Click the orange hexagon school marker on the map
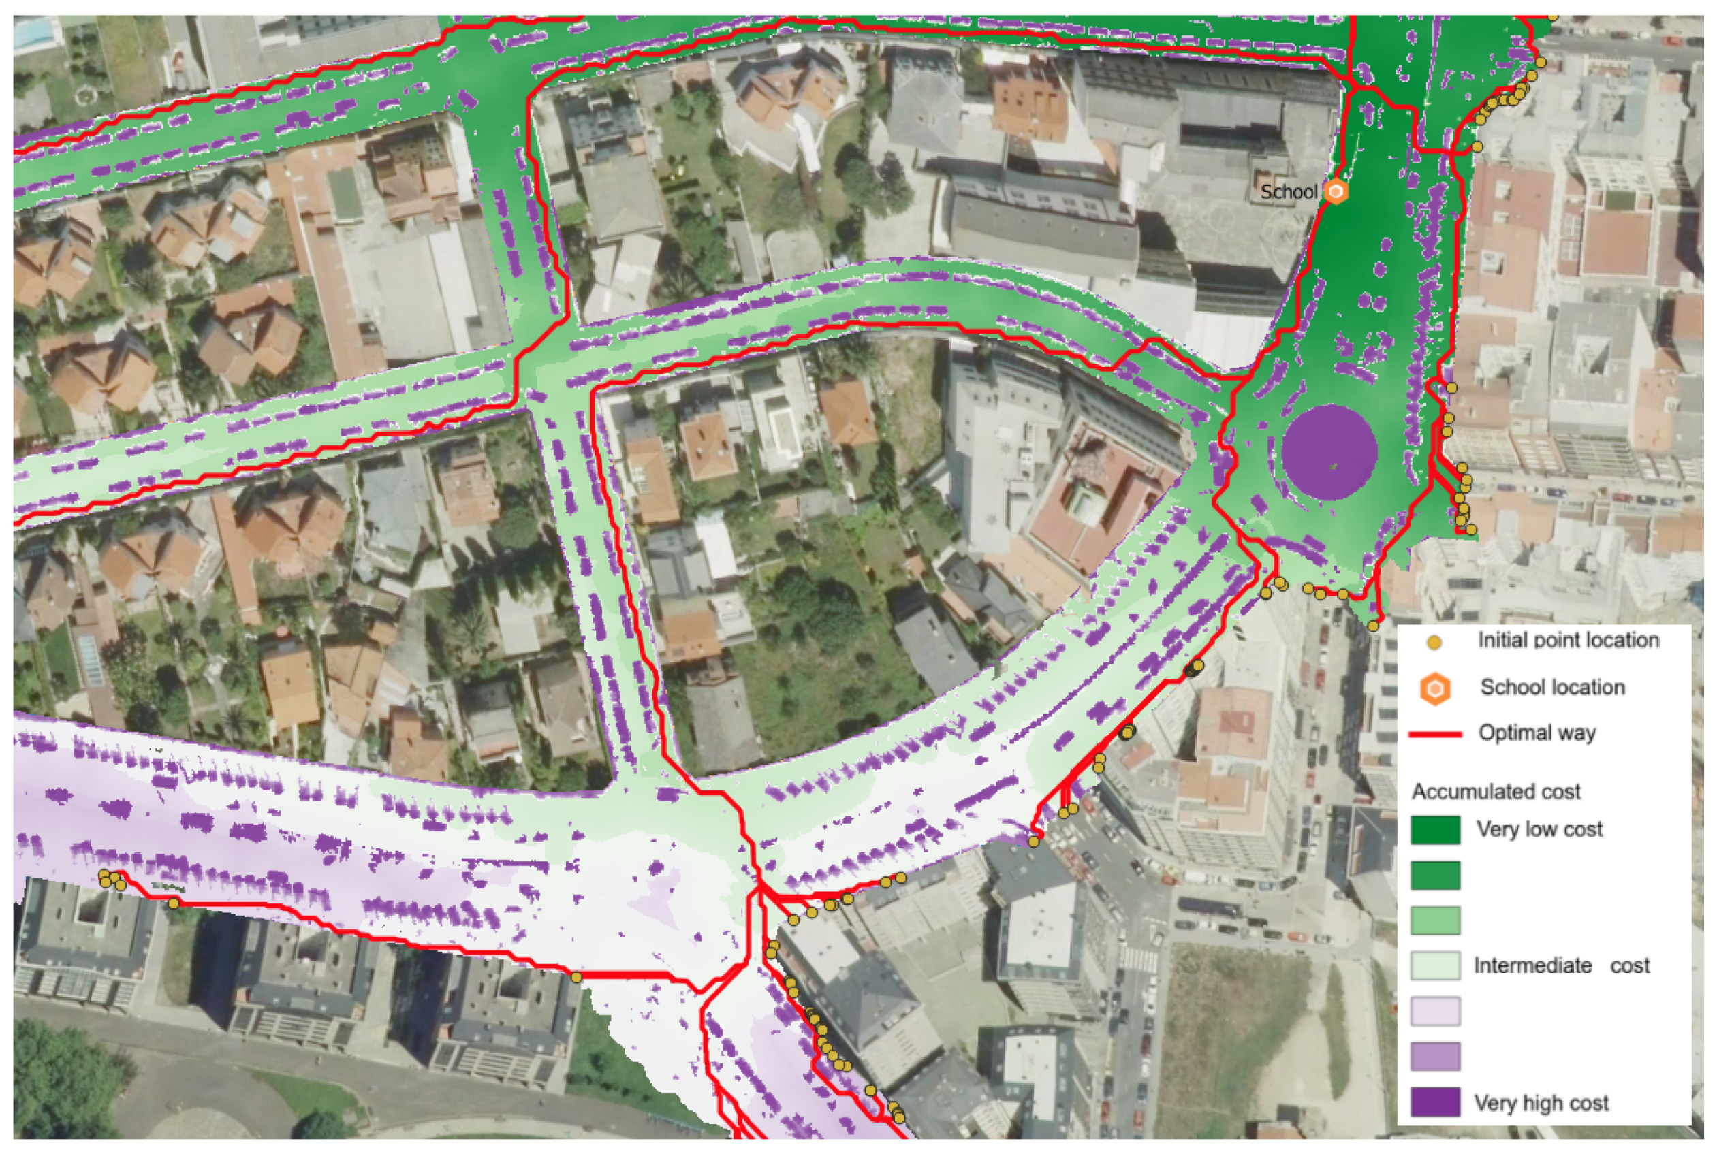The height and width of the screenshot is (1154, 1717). [x=1335, y=192]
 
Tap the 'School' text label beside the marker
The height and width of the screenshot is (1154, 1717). [x=1289, y=192]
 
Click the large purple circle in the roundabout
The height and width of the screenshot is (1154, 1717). [x=1329, y=452]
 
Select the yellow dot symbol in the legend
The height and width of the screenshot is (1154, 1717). [x=1434, y=643]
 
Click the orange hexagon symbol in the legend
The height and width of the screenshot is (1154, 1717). [x=1435, y=689]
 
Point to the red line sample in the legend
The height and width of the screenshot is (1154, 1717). [x=1434, y=735]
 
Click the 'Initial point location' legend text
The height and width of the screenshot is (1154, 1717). [x=1569, y=640]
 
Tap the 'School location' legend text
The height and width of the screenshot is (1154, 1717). [x=1552, y=688]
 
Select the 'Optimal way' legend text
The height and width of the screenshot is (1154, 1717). [x=1537, y=733]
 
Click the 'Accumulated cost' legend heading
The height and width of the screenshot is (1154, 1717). [x=1496, y=792]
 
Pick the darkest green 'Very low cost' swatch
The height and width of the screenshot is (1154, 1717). [x=1435, y=830]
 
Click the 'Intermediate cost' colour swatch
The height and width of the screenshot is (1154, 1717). [x=1435, y=965]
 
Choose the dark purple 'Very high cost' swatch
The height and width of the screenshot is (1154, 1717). [x=1435, y=1102]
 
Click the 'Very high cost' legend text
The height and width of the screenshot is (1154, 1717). [x=1541, y=1103]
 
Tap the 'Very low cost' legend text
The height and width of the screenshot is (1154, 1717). [x=1539, y=829]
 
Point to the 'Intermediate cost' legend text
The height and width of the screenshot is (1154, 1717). [x=1561, y=965]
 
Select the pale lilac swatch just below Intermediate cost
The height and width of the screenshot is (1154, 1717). [x=1435, y=1011]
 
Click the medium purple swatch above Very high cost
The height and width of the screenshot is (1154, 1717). [x=1435, y=1057]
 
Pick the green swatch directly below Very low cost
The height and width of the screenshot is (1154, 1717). [x=1435, y=876]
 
